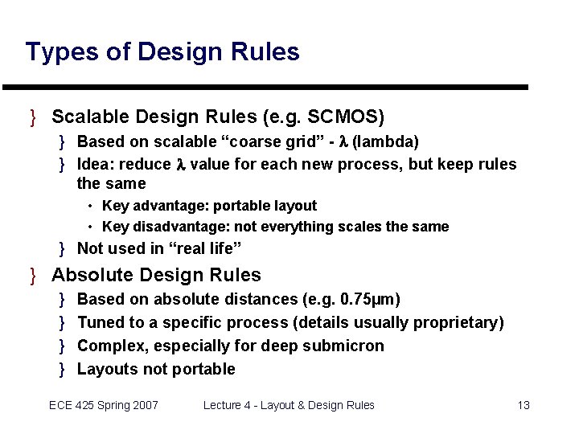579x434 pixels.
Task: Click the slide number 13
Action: (524, 405)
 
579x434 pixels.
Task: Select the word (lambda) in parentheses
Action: (385, 141)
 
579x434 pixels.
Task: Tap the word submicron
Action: (346, 346)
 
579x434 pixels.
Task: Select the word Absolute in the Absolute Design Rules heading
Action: (91, 275)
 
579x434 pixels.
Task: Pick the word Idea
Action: (93, 165)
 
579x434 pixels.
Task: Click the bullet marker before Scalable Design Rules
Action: (33, 117)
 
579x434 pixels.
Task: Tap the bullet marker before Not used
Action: (63, 248)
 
